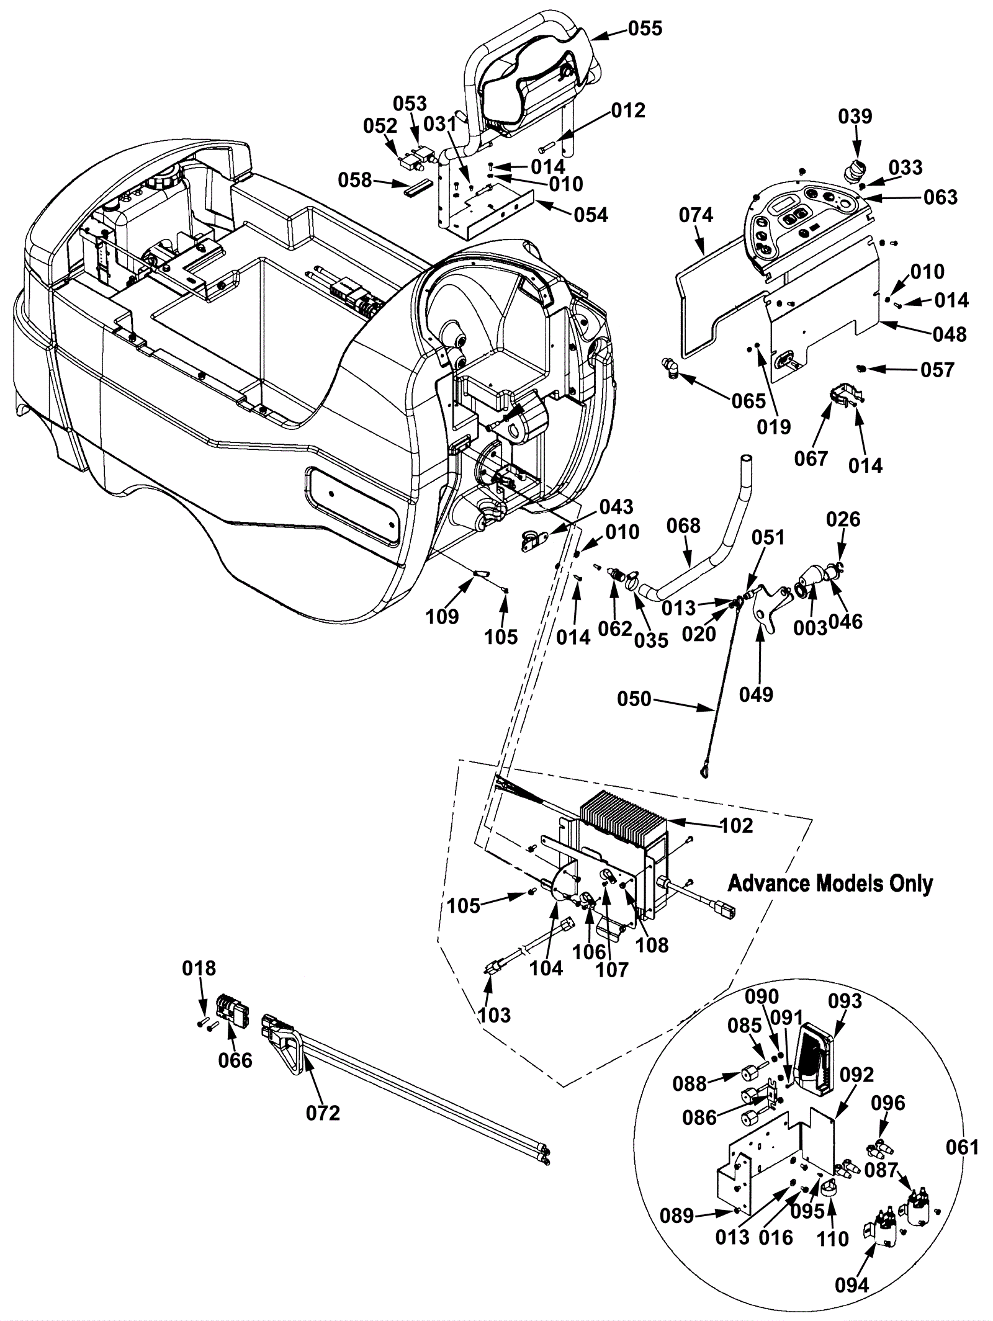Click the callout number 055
(645, 29)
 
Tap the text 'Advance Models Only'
(830, 883)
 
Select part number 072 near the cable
(323, 1113)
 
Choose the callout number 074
(696, 215)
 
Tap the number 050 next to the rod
(634, 699)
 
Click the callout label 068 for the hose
(683, 526)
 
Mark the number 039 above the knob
(855, 116)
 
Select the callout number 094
(852, 1285)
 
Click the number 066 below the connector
(235, 1060)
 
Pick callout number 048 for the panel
(950, 334)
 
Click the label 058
(355, 181)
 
